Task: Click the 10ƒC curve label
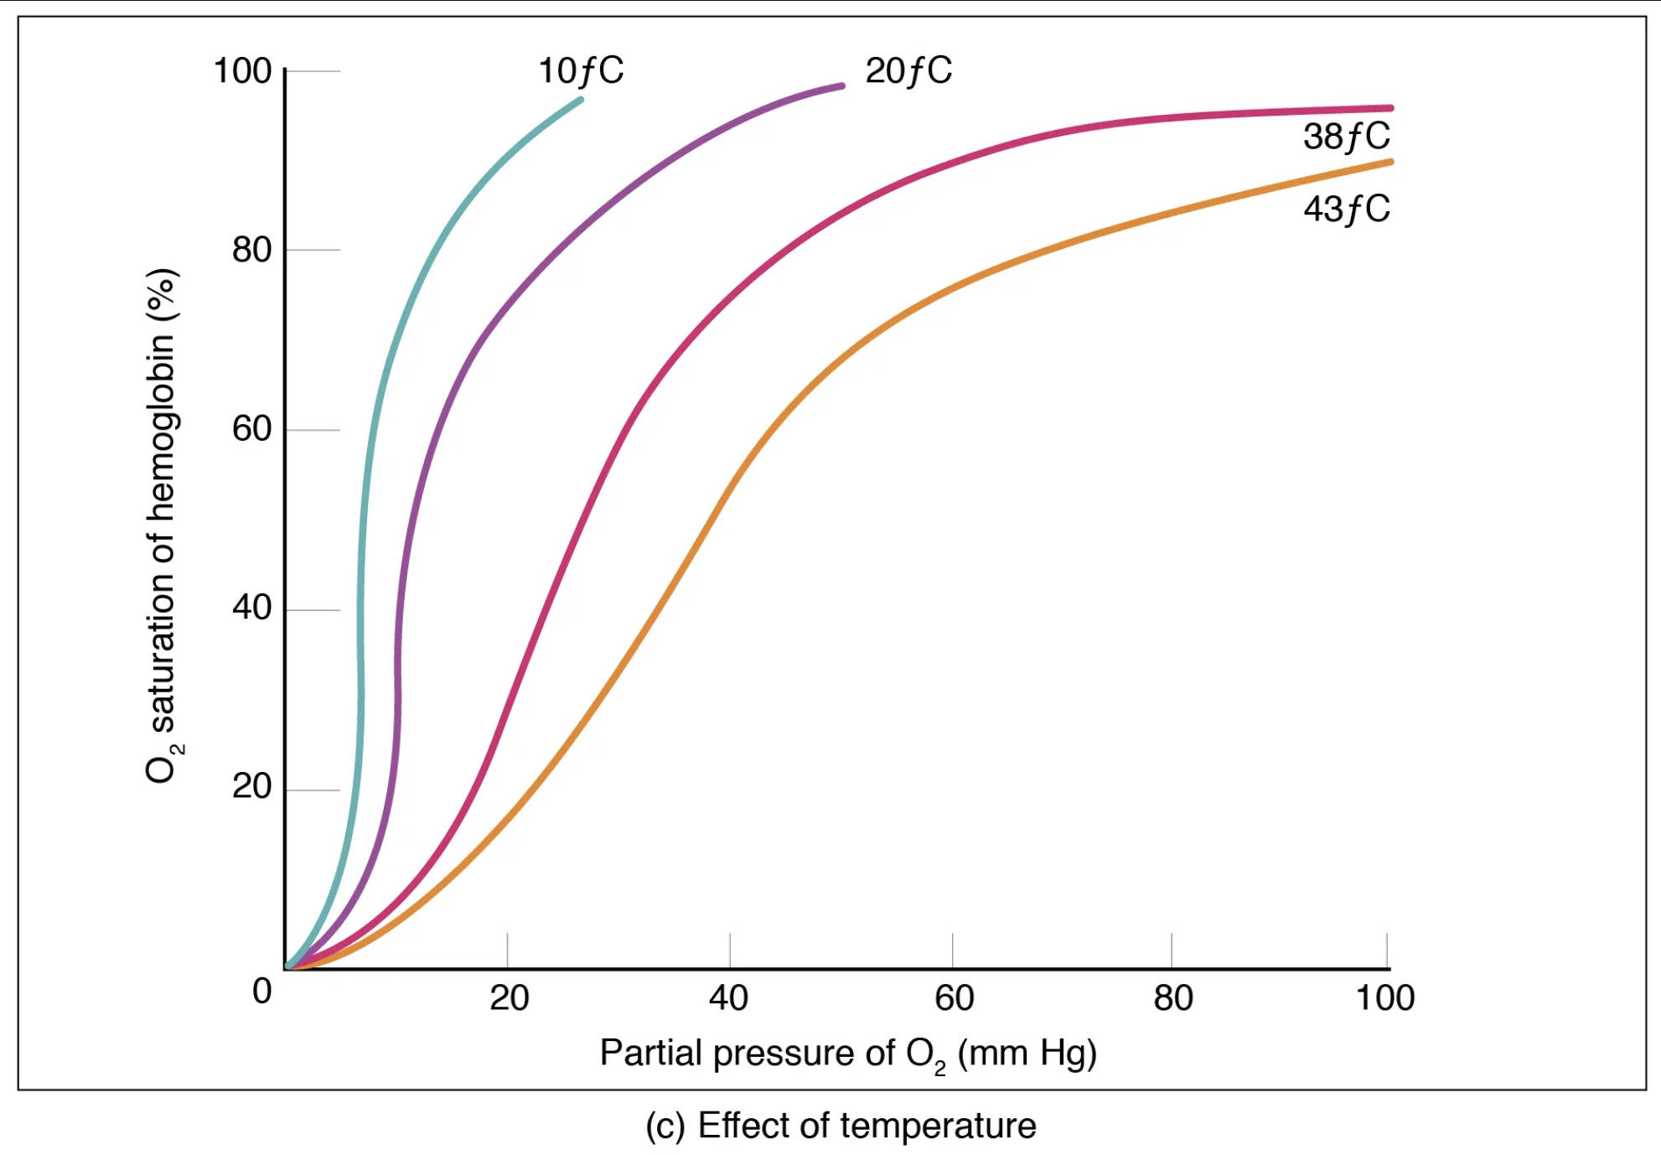(580, 70)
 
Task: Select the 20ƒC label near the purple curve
(908, 70)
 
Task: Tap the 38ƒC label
(1346, 136)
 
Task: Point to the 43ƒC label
(1346, 209)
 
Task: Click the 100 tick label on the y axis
(242, 70)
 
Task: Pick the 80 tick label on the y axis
(251, 250)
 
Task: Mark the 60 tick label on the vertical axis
(251, 429)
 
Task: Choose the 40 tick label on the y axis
(251, 608)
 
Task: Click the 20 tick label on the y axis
(251, 787)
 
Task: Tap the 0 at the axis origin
(262, 992)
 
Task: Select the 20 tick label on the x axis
(509, 998)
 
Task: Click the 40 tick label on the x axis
(728, 998)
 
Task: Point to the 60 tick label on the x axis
(954, 998)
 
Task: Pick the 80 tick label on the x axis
(1172, 998)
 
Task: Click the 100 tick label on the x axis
(1384, 998)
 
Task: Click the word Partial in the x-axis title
(651, 1053)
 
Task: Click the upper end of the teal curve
(580, 101)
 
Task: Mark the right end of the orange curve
(1389, 162)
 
